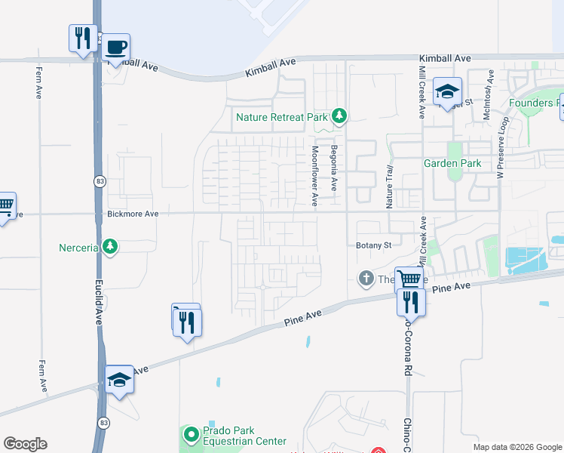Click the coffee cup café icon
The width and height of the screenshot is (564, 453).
point(115,48)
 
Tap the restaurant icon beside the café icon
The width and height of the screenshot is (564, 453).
point(83,38)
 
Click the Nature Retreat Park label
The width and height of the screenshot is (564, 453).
point(281,117)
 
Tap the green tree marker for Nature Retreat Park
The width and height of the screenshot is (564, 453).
point(340,116)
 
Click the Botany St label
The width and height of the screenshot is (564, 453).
point(373,245)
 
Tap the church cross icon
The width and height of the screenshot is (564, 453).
point(366,279)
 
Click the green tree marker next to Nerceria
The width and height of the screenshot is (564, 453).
point(110,247)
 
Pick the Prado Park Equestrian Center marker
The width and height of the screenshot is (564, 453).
point(191,434)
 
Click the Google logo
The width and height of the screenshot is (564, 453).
point(25,444)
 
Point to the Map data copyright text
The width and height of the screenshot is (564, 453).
point(516,447)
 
